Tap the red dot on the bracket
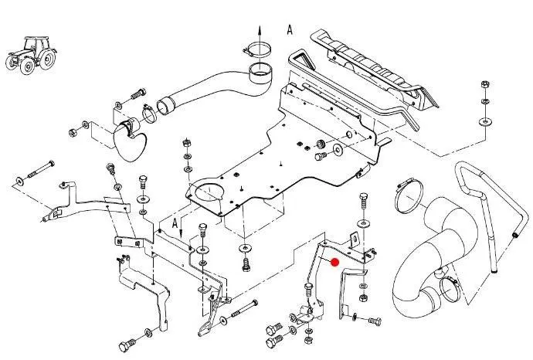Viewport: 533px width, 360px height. [334, 262]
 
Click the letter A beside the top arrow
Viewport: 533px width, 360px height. [290, 30]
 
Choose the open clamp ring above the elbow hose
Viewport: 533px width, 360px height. [406, 195]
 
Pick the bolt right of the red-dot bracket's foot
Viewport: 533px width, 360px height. [372, 319]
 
